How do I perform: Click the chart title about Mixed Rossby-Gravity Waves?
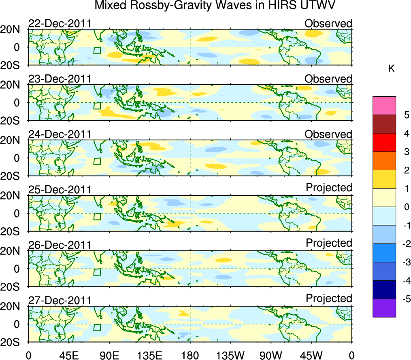215,6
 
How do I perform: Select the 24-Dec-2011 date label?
60,134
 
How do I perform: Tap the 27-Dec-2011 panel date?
60,301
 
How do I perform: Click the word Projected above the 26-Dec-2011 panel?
329,243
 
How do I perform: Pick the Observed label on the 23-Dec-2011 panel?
328,79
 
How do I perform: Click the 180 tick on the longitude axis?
190,355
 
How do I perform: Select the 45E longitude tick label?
69,355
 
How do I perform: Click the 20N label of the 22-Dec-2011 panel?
14,30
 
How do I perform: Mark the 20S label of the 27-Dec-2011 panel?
14,342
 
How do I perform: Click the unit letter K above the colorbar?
392,69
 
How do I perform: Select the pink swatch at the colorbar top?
384,106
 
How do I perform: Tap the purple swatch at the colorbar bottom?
384,308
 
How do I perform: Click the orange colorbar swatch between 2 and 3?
384,161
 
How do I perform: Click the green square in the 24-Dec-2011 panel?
96,161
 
